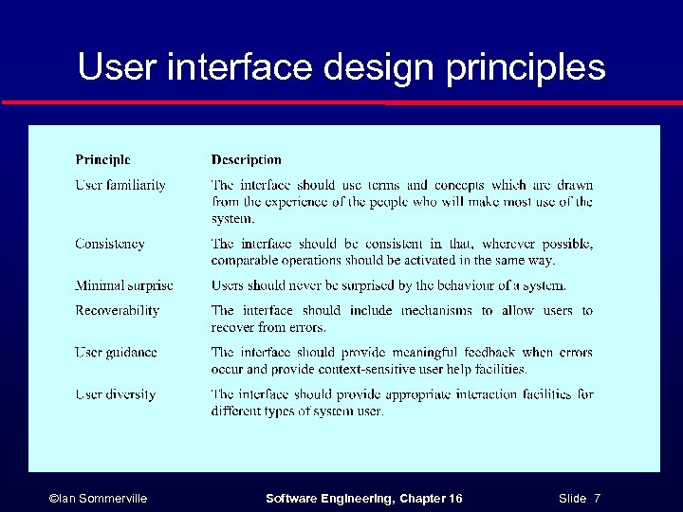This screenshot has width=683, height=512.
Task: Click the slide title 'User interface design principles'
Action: (x=341, y=67)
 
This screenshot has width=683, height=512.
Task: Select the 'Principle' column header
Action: (x=102, y=160)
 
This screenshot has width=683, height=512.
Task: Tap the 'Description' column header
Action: (x=247, y=160)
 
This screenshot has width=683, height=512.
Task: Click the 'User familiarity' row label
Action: (x=120, y=185)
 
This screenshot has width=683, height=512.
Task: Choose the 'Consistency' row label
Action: (x=110, y=244)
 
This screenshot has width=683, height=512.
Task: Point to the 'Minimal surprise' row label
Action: (x=124, y=285)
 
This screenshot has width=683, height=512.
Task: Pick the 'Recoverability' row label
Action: (x=118, y=310)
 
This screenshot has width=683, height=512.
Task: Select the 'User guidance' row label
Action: (x=117, y=352)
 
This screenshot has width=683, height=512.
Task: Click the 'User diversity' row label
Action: (x=116, y=394)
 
